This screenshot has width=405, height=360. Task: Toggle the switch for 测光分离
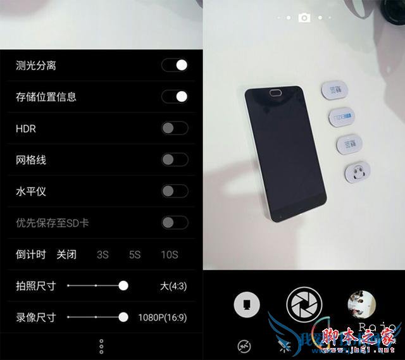point(175,65)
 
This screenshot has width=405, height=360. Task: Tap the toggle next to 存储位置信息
point(175,97)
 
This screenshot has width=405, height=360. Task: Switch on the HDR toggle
point(175,128)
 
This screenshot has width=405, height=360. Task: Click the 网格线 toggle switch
point(175,160)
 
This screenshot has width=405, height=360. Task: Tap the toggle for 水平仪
point(175,191)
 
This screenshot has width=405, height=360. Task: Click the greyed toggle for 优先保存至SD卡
point(175,223)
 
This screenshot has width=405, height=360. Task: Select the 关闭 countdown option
point(66,255)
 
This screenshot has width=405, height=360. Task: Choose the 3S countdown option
point(103,255)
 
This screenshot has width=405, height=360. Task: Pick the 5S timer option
point(135,255)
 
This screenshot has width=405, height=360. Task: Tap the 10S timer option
point(169,255)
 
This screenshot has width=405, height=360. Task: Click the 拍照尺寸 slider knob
point(123,286)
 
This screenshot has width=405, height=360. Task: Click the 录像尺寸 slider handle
point(123,317)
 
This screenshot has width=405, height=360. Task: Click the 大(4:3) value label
point(173,286)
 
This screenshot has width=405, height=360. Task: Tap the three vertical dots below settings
point(101,346)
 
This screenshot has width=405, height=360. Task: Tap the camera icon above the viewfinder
point(304,18)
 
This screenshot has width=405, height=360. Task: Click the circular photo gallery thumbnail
point(362,304)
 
